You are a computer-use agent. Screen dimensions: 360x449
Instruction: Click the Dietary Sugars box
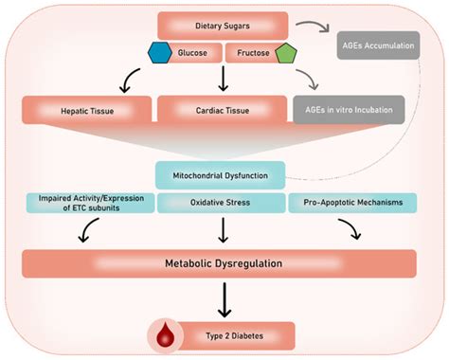click(x=222, y=25)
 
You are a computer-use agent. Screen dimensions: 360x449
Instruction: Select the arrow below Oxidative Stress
click(x=223, y=228)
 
